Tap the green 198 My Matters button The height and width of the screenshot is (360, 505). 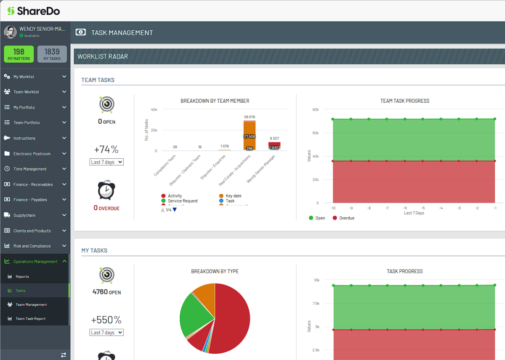[x=19, y=54]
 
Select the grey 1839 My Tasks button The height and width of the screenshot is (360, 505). [x=52, y=54]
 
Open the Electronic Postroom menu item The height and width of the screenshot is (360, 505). [x=32, y=154]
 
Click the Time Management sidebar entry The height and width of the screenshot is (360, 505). [x=30, y=169]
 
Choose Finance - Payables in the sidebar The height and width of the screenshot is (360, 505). [x=30, y=200]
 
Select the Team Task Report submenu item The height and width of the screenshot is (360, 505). [x=30, y=319]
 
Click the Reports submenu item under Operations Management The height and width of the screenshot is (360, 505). [x=22, y=277]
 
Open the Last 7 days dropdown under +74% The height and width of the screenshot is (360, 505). [x=107, y=162]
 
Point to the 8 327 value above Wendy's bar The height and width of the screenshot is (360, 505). [x=274, y=138]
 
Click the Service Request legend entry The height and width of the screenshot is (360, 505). [x=182, y=201]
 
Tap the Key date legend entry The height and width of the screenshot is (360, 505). [x=233, y=196]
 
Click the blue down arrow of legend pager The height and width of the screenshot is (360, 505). [x=175, y=210]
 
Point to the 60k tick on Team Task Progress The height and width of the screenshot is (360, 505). [x=315, y=133]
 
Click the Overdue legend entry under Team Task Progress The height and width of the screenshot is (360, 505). [x=346, y=218]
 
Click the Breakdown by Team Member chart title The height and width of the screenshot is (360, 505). [x=215, y=101]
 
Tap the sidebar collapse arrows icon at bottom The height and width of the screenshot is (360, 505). [x=64, y=355]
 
